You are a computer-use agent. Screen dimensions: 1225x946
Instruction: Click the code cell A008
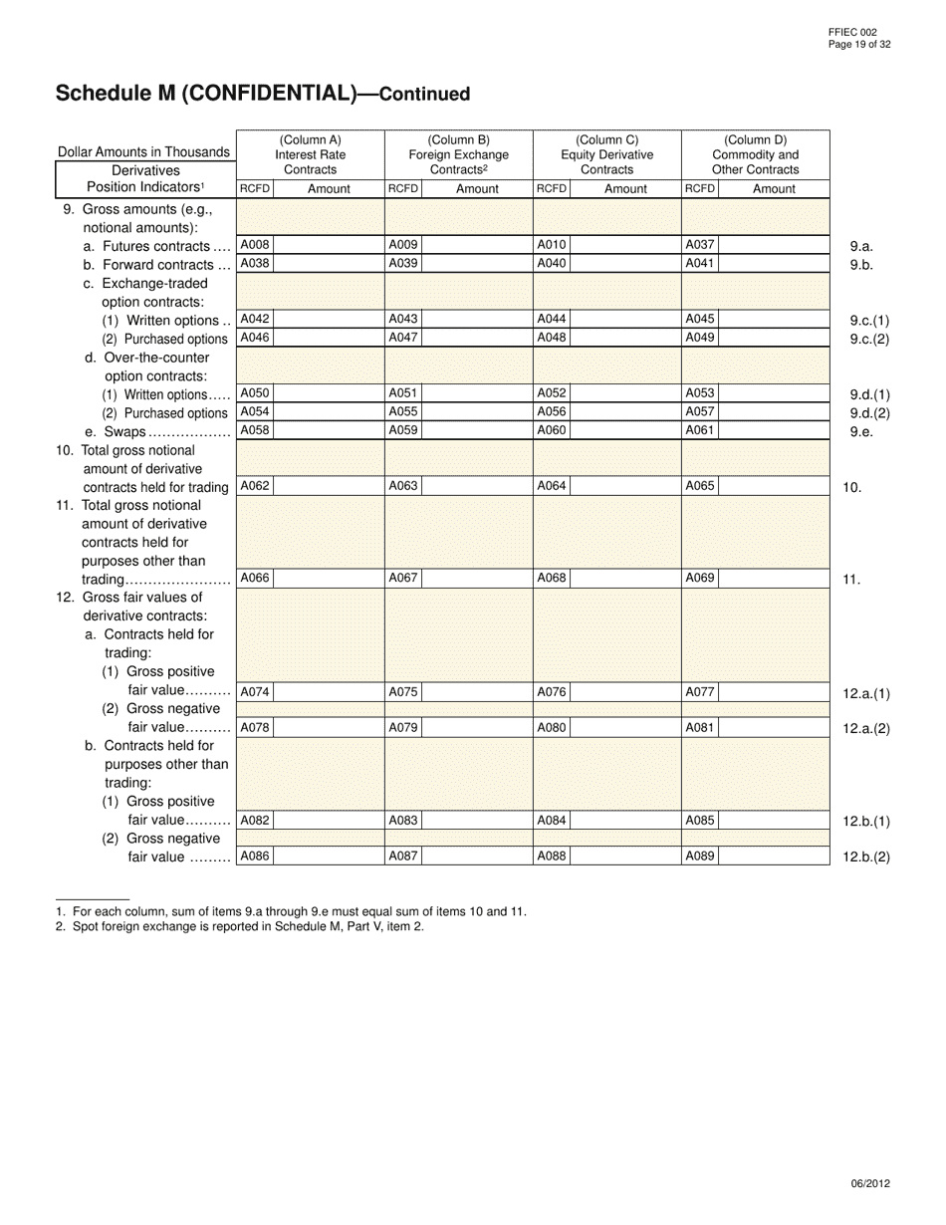tap(255, 245)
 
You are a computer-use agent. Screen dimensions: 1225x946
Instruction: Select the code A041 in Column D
tap(700, 264)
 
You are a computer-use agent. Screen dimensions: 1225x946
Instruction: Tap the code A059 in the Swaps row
tap(403, 431)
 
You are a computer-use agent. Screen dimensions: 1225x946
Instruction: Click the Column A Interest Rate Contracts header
tap(310, 154)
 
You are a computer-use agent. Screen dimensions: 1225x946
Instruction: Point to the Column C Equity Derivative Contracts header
tap(606, 154)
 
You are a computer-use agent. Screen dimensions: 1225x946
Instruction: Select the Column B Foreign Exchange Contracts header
tap(458, 154)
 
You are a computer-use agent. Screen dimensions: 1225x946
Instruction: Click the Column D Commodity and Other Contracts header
tap(755, 154)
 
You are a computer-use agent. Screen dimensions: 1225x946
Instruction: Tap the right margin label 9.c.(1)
tap(869, 321)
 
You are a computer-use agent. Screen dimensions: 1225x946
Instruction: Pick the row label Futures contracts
tap(156, 246)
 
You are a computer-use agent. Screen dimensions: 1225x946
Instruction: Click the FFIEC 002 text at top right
tap(851, 33)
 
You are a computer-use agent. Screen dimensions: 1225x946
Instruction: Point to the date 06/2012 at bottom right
tap(870, 1183)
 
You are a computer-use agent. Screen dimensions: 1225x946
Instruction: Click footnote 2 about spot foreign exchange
tap(240, 926)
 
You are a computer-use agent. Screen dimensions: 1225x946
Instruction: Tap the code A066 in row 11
tap(255, 578)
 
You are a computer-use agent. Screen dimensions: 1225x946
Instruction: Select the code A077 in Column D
tap(700, 692)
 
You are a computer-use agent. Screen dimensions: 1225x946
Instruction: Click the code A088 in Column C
tap(552, 856)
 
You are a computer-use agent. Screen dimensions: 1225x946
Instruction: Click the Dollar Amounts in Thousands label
tap(143, 152)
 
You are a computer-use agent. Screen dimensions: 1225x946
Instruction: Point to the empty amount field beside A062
tap(328, 486)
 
